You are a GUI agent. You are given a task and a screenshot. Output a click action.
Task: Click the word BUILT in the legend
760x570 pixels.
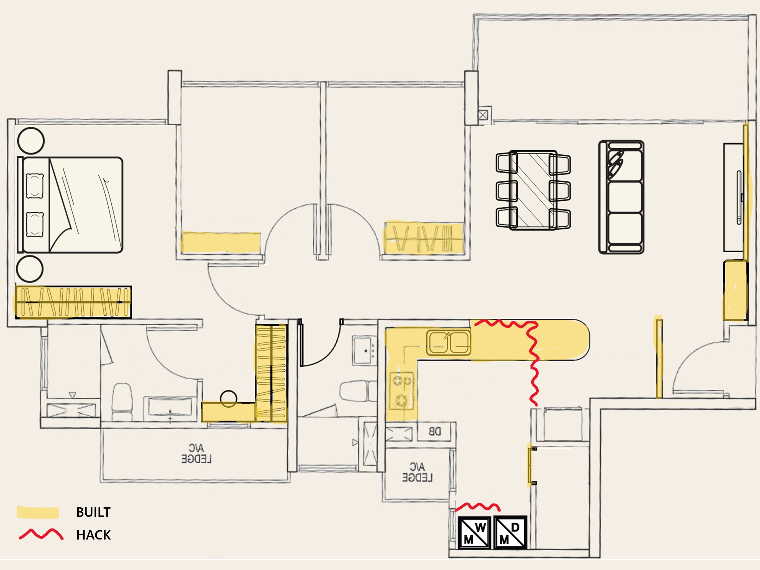(x=93, y=512)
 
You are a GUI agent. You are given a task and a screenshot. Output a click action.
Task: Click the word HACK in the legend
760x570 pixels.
(x=93, y=535)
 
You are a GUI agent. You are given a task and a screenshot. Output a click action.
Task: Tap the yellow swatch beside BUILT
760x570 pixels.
(x=38, y=512)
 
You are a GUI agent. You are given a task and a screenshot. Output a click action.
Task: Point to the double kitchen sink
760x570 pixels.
(x=448, y=342)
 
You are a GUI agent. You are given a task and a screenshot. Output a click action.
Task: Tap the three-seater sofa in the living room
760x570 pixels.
(x=621, y=197)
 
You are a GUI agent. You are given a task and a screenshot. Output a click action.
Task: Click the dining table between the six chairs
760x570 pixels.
(x=533, y=190)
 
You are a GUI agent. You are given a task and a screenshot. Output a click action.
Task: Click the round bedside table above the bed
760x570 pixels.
(x=31, y=140)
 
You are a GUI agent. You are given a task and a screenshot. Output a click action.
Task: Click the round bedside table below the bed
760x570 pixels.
(x=30, y=269)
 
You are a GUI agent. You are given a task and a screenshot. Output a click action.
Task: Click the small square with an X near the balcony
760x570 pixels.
(x=483, y=115)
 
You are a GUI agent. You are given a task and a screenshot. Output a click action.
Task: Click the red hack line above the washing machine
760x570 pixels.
(x=478, y=507)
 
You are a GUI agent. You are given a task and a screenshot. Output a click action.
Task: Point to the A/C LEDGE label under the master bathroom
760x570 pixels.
(x=196, y=454)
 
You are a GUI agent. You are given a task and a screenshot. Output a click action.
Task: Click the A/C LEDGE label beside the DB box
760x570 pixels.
(x=417, y=472)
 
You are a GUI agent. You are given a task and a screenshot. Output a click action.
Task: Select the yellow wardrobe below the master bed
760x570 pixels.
(x=73, y=302)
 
